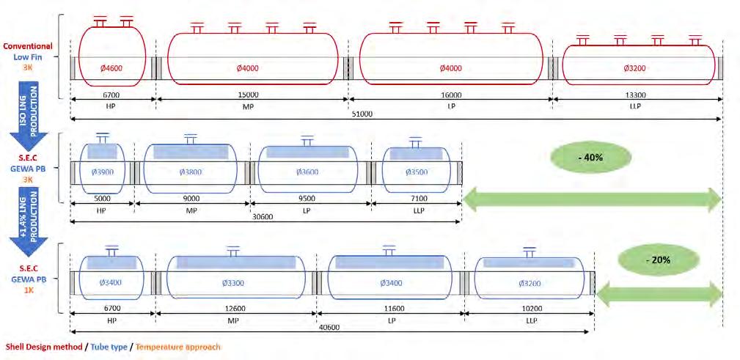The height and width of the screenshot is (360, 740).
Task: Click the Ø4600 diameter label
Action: pyautogui.click(x=112, y=68)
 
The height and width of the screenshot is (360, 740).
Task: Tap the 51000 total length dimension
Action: pyautogui.click(x=363, y=114)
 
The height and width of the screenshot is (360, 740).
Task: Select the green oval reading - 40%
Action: pyautogui.click(x=590, y=156)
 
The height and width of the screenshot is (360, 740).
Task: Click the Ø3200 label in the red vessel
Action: pyautogui.click(x=637, y=68)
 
